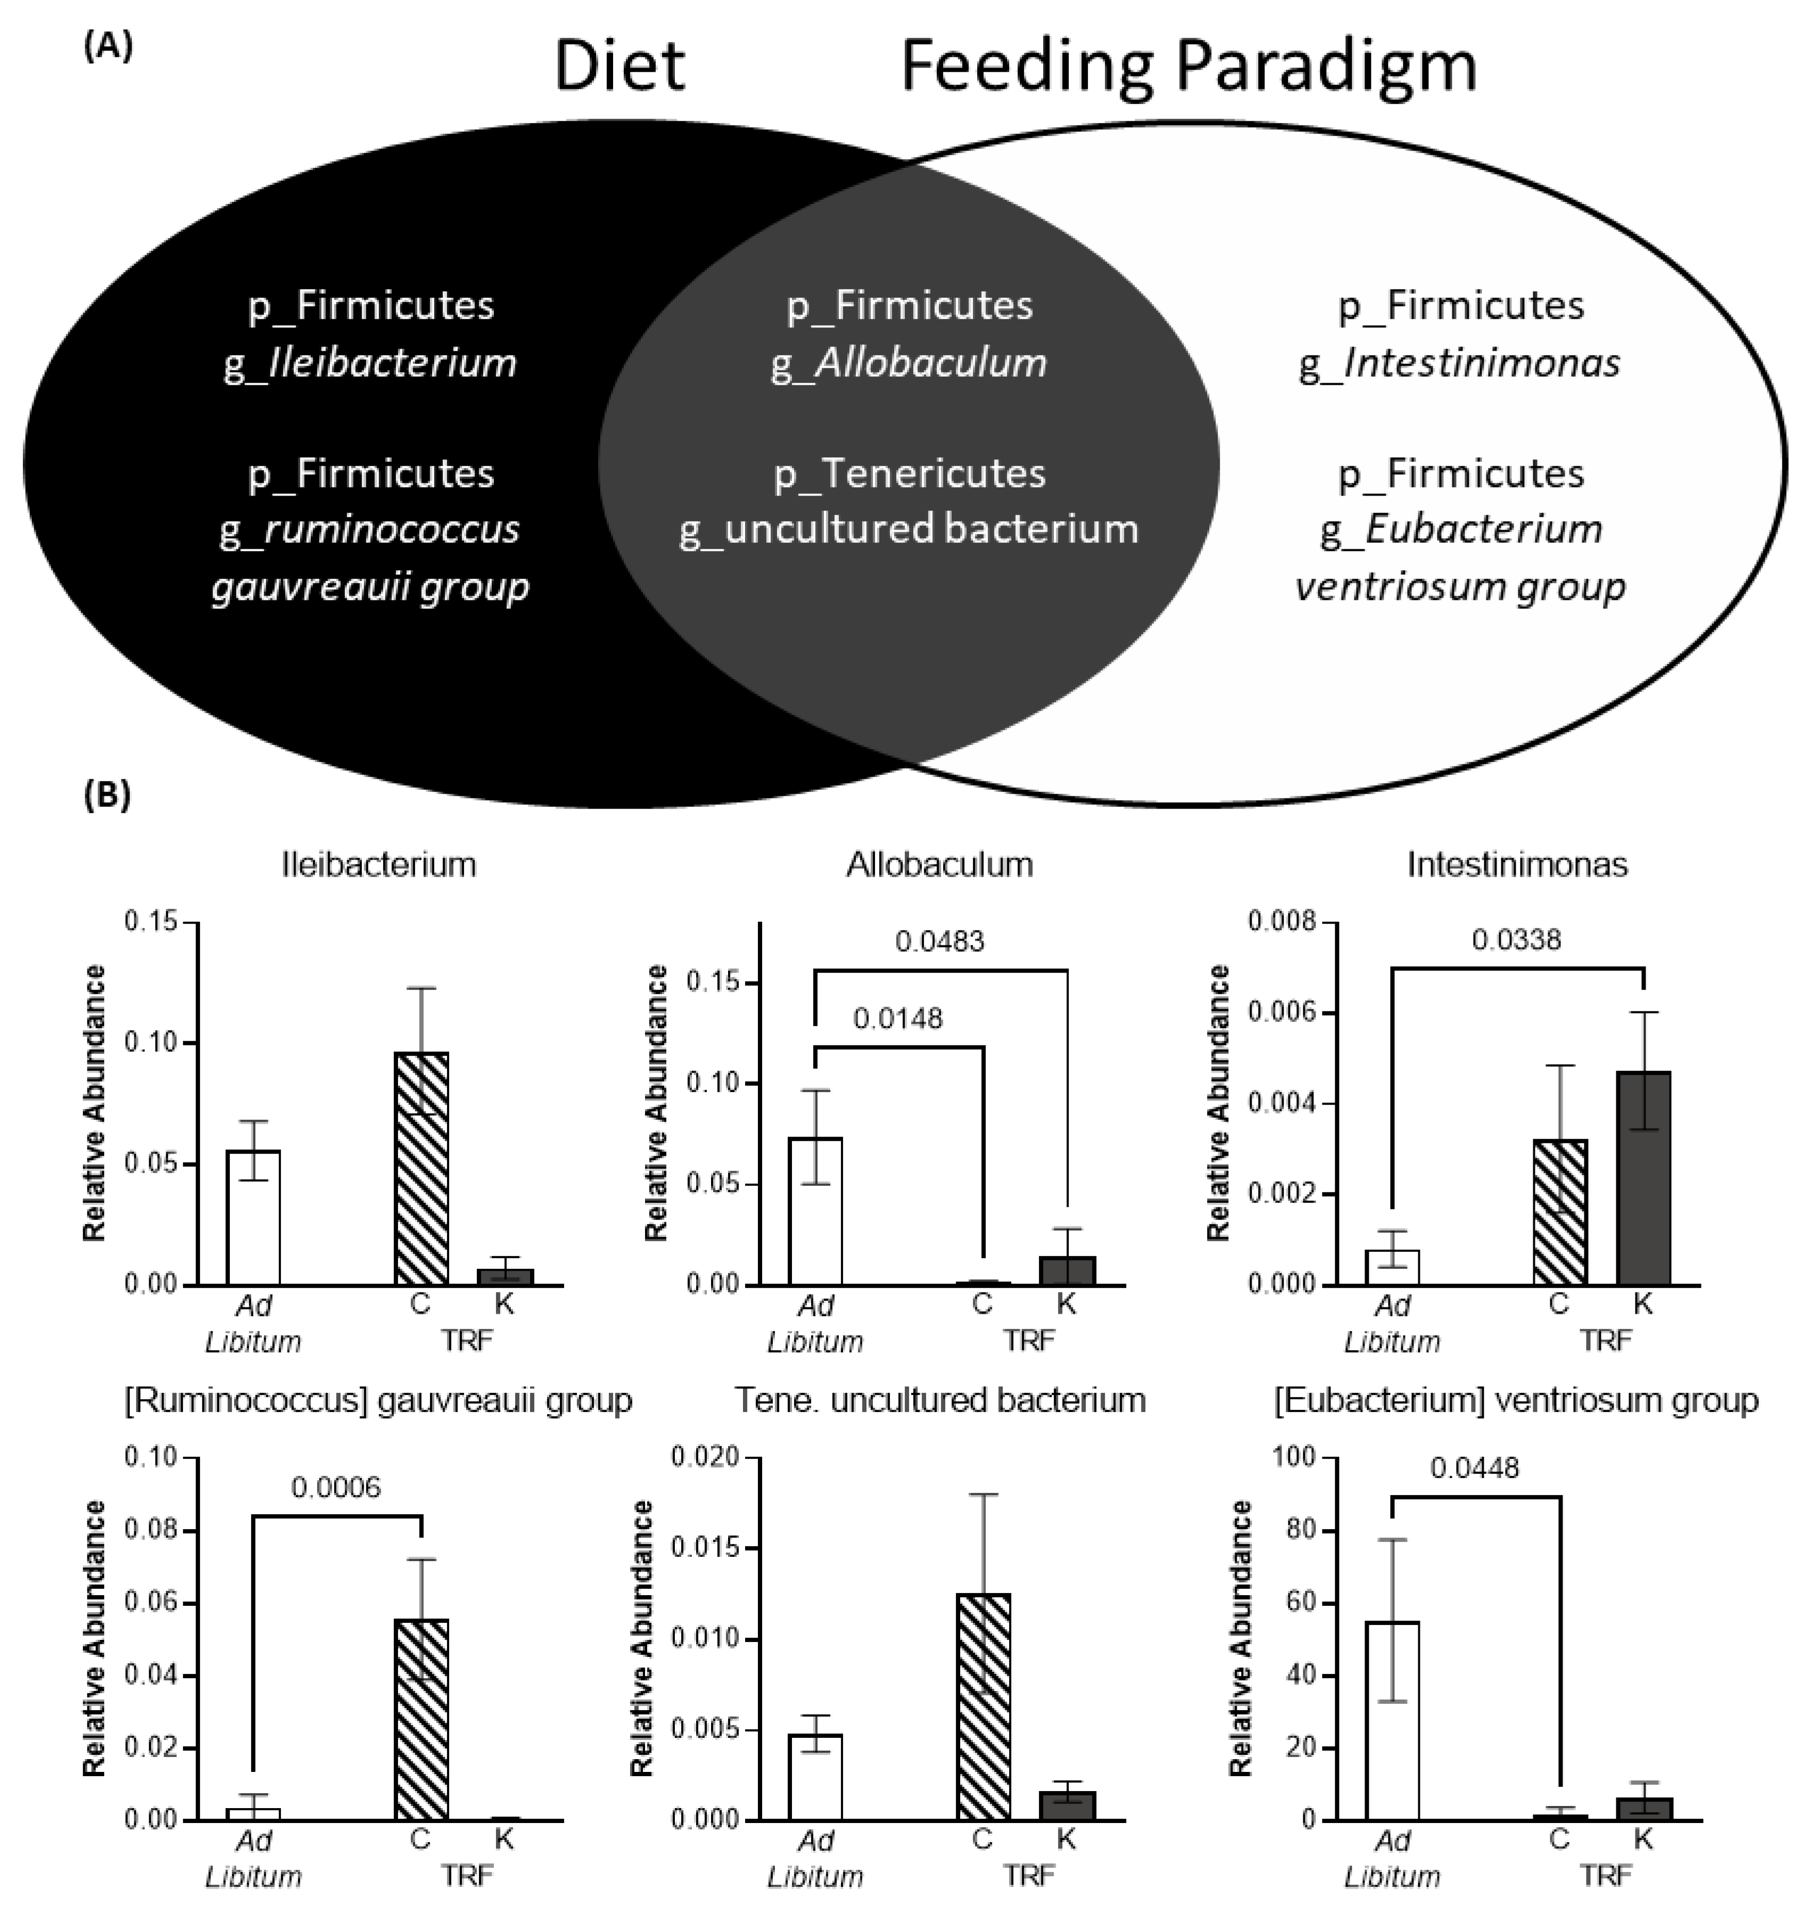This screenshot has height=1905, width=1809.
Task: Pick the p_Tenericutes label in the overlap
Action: click(910, 474)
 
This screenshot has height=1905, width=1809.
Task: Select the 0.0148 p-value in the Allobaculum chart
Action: click(898, 1018)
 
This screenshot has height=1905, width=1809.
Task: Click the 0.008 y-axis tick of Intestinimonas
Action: click(1282, 922)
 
